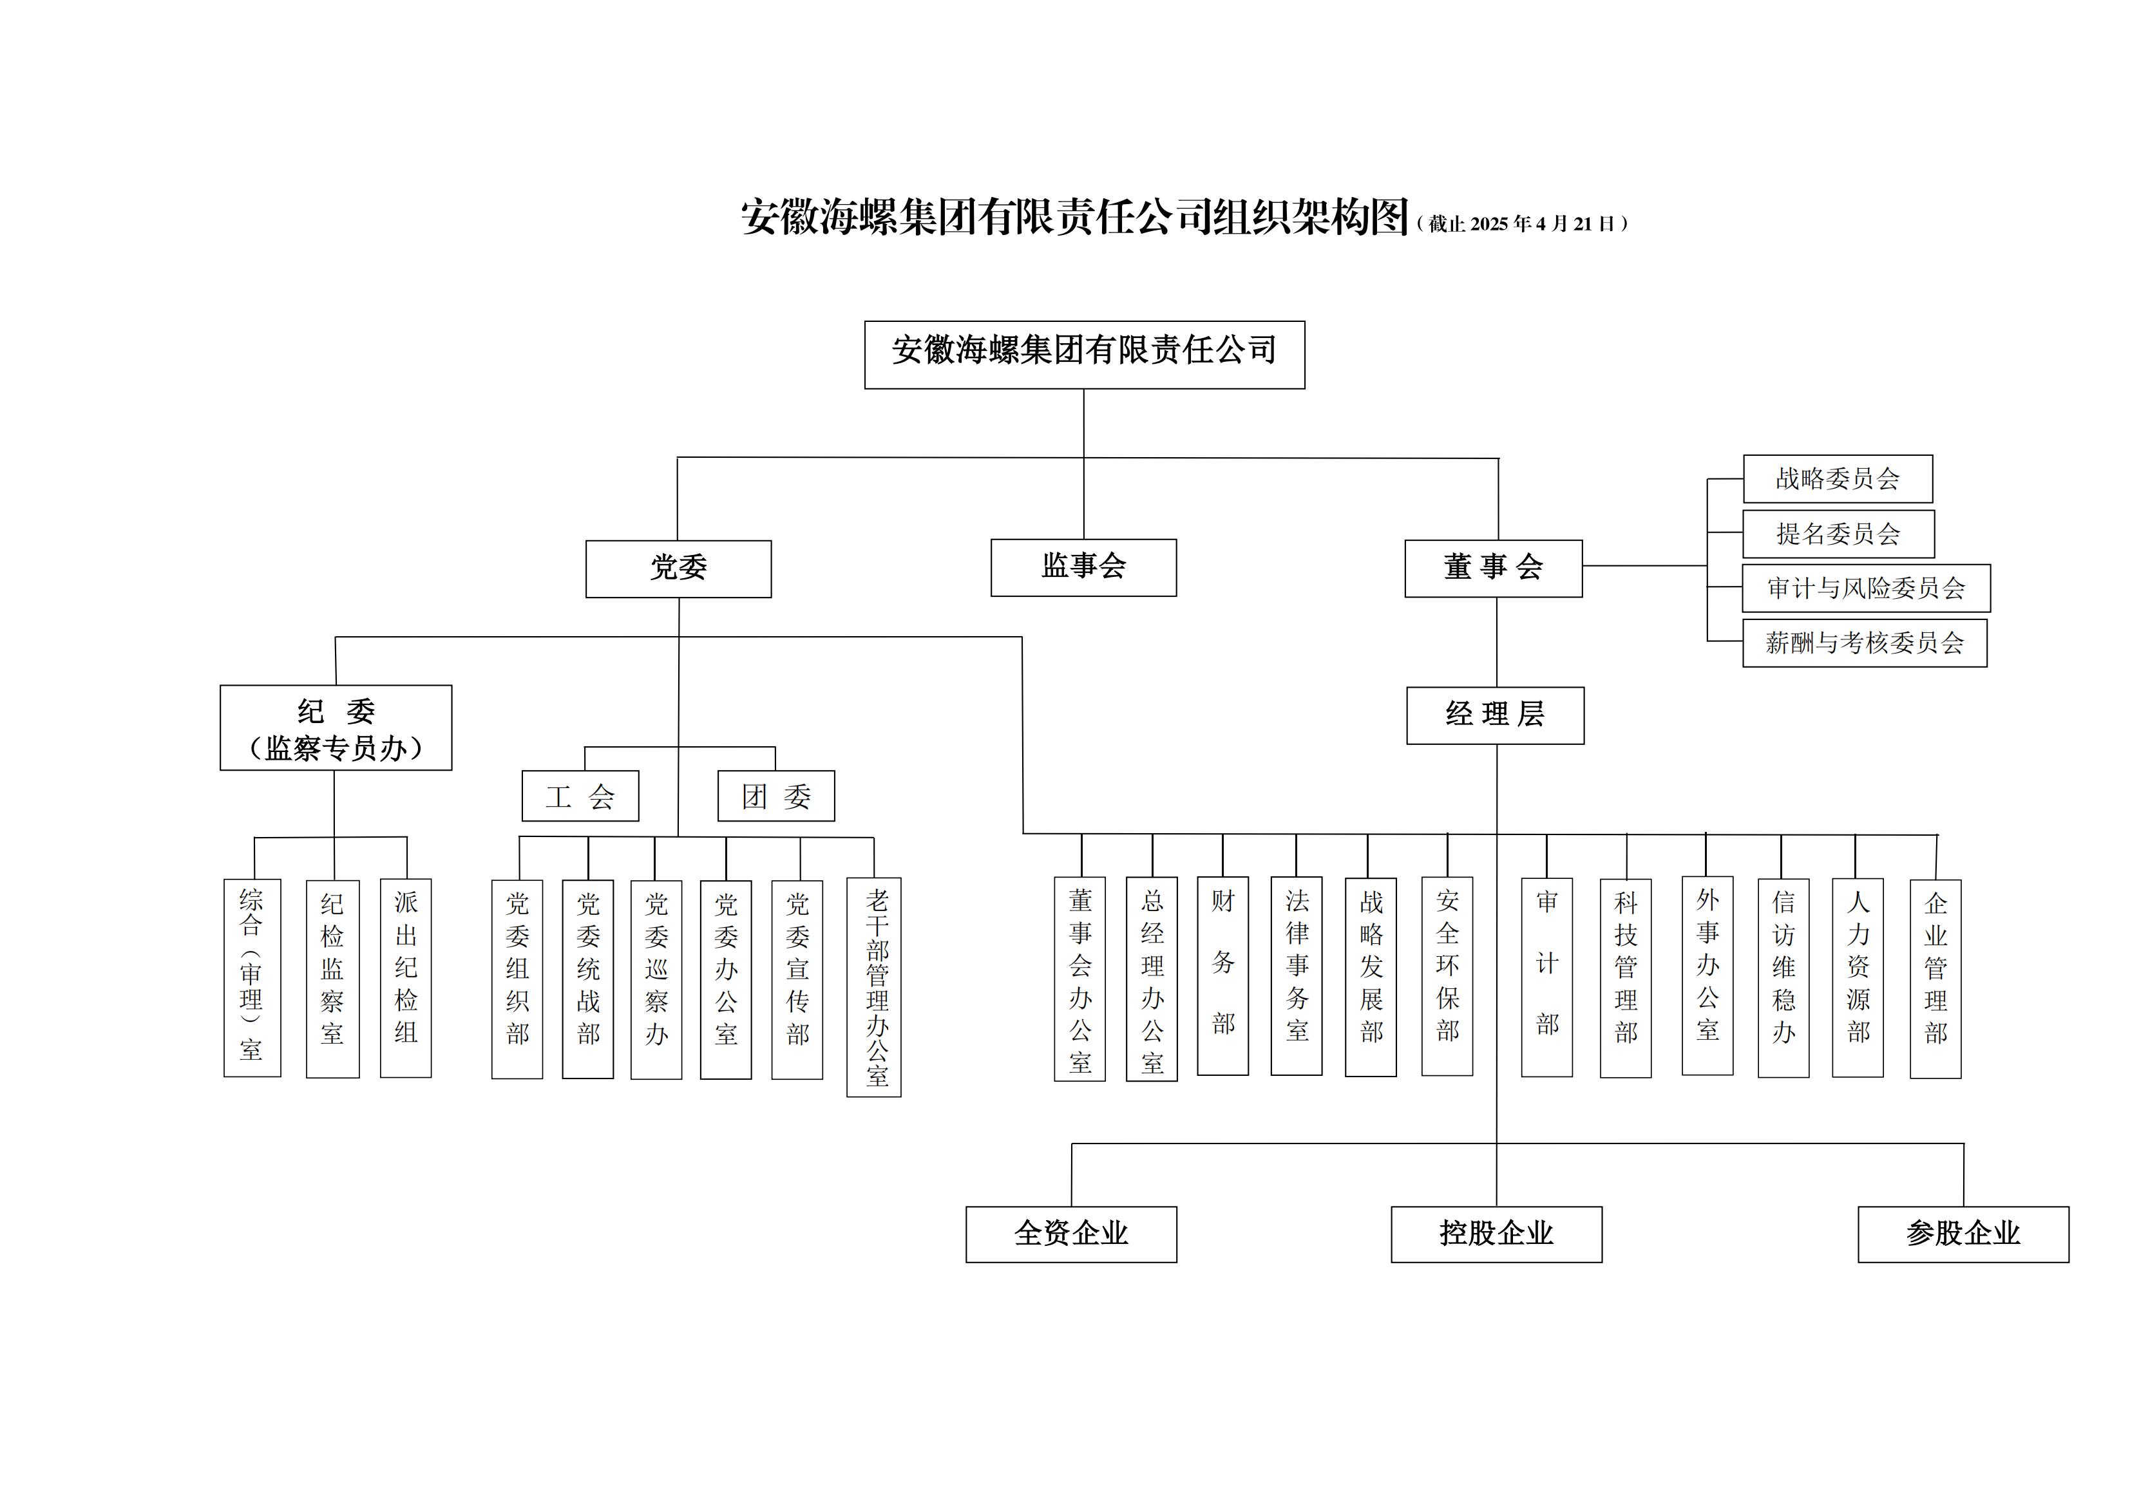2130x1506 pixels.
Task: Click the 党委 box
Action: point(678,569)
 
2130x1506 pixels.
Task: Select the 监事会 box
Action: point(1083,567)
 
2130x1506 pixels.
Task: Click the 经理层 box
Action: point(1494,715)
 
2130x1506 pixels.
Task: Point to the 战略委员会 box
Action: point(1837,478)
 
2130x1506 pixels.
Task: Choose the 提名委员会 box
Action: point(1838,533)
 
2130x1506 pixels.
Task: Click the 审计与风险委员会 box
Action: point(1866,588)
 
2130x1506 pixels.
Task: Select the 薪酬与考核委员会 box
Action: point(1864,643)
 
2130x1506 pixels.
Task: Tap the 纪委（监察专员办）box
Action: point(336,728)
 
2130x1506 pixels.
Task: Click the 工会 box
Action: point(580,796)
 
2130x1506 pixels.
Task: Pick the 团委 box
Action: point(775,796)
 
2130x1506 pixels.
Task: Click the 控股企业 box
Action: point(1496,1234)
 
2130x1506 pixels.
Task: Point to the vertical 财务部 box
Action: point(1222,975)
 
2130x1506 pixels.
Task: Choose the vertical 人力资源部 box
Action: point(1858,977)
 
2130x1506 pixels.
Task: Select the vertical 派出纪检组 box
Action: point(405,977)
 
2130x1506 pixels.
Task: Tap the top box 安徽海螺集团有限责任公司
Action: point(1083,354)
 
